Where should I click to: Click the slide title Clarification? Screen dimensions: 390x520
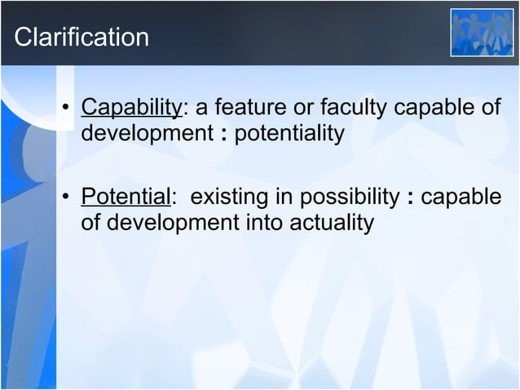[82, 37]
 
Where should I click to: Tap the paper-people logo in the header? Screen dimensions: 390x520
[483, 33]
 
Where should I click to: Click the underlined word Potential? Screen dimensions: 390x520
[126, 197]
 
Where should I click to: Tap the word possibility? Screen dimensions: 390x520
[350, 197]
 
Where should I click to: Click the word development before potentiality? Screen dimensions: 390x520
[148, 132]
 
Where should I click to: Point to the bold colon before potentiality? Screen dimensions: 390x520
[223, 134]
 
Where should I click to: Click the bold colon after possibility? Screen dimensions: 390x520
[410, 199]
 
